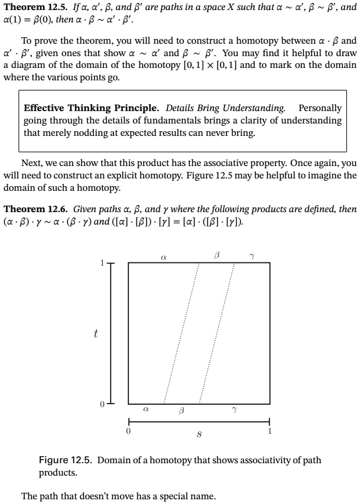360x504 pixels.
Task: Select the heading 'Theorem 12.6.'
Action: point(34,209)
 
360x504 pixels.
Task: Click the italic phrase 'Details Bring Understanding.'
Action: point(225,108)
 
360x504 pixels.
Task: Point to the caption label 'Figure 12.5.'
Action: point(65,460)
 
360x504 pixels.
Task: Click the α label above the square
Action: point(163,256)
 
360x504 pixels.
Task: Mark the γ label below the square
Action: point(235,409)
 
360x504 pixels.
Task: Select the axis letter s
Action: point(199,435)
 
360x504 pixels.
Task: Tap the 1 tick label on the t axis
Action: point(101,263)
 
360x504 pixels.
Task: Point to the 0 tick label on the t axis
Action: point(101,404)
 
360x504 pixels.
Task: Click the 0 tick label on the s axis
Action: point(128,431)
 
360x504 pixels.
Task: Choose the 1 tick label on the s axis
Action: point(270,431)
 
